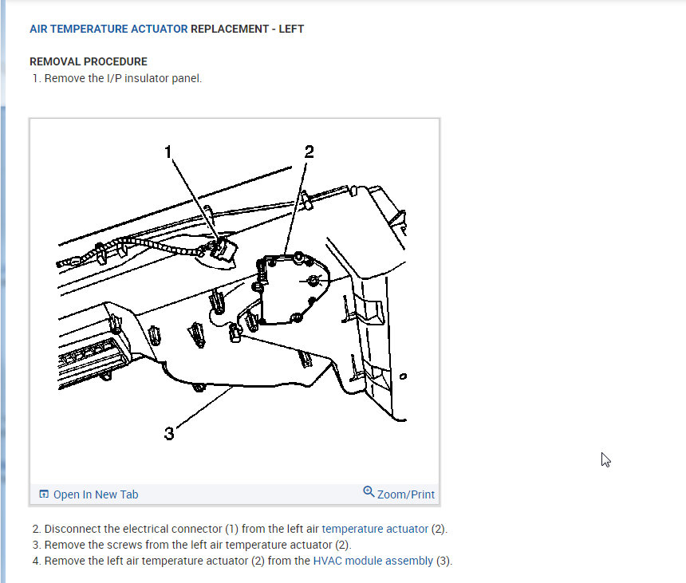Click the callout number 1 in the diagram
(x=168, y=152)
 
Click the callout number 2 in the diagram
(x=309, y=152)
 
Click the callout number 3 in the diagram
(x=169, y=433)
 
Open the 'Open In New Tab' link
(x=96, y=494)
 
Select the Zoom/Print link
(x=405, y=494)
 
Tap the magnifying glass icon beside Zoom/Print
(x=369, y=492)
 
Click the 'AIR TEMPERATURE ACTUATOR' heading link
(x=108, y=29)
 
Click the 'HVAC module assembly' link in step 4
(x=373, y=561)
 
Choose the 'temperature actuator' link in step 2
(x=374, y=529)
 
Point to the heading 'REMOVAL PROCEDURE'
(x=89, y=61)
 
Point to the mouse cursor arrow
(x=605, y=459)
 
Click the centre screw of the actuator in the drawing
(x=313, y=281)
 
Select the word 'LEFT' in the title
(x=291, y=29)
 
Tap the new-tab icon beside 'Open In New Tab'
(x=44, y=494)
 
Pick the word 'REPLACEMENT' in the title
(x=229, y=29)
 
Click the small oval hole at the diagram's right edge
(x=403, y=376)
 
